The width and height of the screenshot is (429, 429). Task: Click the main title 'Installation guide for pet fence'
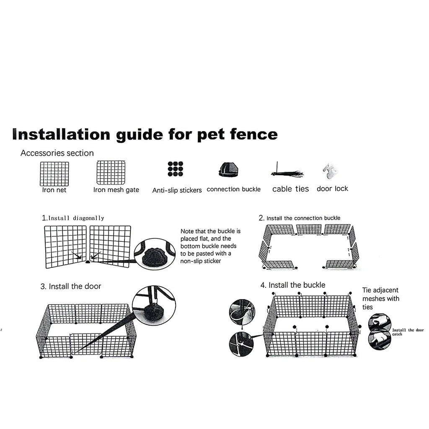coord(145,134)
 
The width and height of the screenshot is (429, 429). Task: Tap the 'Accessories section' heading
coord(57,153)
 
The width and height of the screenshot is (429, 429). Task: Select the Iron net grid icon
coord(54,173)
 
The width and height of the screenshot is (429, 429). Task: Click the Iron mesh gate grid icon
coord(111,173)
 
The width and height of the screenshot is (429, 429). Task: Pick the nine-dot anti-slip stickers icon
coord(175,168)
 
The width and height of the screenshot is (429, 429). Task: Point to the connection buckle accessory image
coord(229,170)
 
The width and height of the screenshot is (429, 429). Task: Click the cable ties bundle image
coord(287,173)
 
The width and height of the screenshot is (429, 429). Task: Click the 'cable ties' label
coord(290,189)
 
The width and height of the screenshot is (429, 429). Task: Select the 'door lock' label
coord(332,189)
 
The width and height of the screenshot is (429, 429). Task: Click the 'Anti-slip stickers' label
coord(177,190)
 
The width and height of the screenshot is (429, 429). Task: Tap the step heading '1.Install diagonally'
coord(73,218)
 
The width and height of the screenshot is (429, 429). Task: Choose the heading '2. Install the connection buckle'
coord(300,218)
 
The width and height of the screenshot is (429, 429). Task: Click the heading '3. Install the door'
coord(71,287)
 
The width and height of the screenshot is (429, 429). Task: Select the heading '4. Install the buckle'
coord(292,285)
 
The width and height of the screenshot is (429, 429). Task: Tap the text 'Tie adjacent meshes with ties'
coord(380,298)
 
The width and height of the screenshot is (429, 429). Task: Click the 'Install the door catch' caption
coord(408,332)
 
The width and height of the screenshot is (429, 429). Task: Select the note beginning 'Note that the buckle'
coord(211,246)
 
